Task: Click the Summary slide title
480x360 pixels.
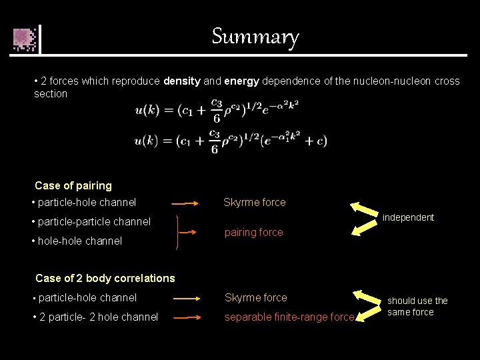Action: (x=255, y=36)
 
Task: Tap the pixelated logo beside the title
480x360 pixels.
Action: (x=25, y=39)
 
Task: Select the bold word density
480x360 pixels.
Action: (x=181, y=81)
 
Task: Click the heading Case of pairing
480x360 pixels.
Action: (x=73, y=186)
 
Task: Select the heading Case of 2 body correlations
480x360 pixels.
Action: (x=105, y=279)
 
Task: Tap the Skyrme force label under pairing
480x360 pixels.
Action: (x=255, y=203)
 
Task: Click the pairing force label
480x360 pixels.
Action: (x=253, y=233)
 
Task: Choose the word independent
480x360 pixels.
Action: (x=408, y=218)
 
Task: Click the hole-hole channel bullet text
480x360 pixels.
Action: (x=77, y=241)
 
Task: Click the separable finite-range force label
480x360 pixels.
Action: (x=289, y=317)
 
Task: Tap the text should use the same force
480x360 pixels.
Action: (x=417, y=307)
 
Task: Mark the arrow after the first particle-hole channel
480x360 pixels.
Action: (x=185, y=203)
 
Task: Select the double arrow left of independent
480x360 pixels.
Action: (x=364, y=218)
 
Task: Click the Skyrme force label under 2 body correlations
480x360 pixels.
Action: (x=256, y=298)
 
